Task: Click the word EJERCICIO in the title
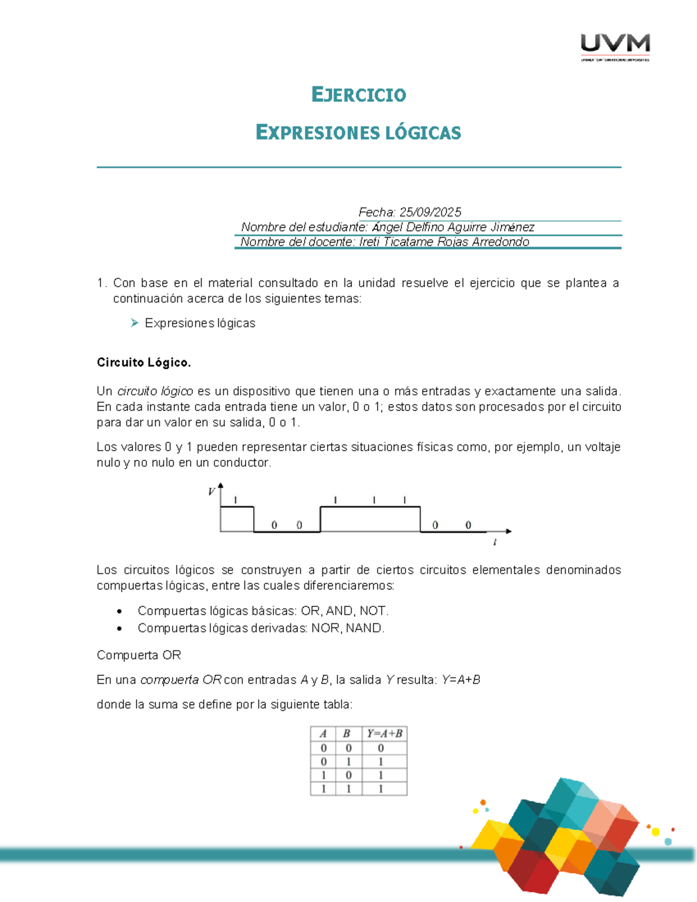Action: tap(358, 95)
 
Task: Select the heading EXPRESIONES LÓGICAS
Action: tap(358, 132)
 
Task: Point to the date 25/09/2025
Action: tap(430, 212)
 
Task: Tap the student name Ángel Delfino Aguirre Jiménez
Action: tap(453, 227)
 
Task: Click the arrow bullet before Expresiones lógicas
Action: tap(135, 323)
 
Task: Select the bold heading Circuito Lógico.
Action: tap(143, 362)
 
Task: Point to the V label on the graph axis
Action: tap(211, 492)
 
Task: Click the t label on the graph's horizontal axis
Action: tap(494, 542)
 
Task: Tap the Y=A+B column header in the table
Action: tap(384, 733)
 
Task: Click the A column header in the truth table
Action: tap(323, 733)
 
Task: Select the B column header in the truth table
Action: tap(347, 733)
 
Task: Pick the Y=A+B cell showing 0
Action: tap(381, 748)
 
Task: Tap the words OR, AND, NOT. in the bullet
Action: tap(344, 610)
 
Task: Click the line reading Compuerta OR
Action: tap(139, 655)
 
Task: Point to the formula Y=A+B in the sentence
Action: tap(461, 680)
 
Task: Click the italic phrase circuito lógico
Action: tap(155, 391)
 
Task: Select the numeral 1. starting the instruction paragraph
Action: tap(102, 283)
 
